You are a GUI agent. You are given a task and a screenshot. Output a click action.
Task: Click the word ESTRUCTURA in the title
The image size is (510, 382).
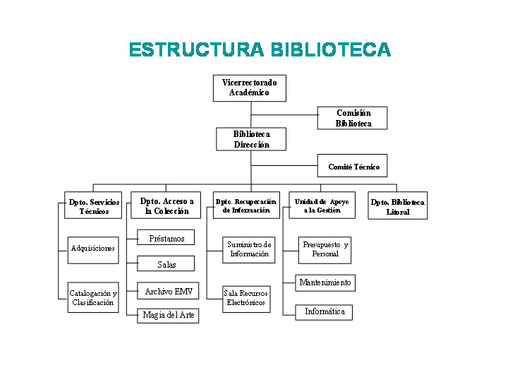[197, 49]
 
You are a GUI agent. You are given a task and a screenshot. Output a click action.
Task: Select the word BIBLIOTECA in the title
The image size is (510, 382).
[331, 49]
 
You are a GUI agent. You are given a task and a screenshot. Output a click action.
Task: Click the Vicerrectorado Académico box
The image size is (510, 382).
[250, 88]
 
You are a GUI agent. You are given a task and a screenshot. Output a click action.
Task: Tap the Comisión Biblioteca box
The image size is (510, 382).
[352, 118]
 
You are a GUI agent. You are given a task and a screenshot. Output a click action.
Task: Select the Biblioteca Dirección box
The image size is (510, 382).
[251, 139]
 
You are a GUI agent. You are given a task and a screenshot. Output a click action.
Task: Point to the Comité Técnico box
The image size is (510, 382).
[352, 165]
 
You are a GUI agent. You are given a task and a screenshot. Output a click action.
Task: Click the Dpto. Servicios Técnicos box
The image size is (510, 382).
[93, 205]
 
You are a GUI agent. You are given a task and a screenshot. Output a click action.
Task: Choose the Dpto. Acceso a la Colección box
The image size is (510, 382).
[166, 205]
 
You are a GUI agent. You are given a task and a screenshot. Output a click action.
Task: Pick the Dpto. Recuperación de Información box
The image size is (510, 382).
[247, 205]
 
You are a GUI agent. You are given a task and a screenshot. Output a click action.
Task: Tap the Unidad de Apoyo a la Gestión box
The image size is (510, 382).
[322, 205]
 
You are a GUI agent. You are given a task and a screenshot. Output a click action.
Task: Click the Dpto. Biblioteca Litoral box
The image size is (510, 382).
[397, 205]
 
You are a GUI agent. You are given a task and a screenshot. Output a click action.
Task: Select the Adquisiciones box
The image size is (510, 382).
[93, 250]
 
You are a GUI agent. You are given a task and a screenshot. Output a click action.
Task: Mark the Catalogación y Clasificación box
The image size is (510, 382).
[93, 297]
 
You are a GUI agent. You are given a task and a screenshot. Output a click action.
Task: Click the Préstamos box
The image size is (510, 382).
[166, 237]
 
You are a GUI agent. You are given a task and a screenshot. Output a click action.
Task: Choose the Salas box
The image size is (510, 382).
[166, 263]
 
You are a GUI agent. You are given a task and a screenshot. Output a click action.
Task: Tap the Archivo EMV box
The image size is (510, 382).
[168, 290]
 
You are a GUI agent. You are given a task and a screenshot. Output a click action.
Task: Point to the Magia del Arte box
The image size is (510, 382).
[168, 316]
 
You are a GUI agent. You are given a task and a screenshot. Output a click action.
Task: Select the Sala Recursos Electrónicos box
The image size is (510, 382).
[247, 299]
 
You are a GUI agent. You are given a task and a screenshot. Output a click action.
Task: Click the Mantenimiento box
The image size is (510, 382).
[325, 283]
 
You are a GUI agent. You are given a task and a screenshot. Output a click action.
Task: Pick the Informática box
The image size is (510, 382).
[324, 312]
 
